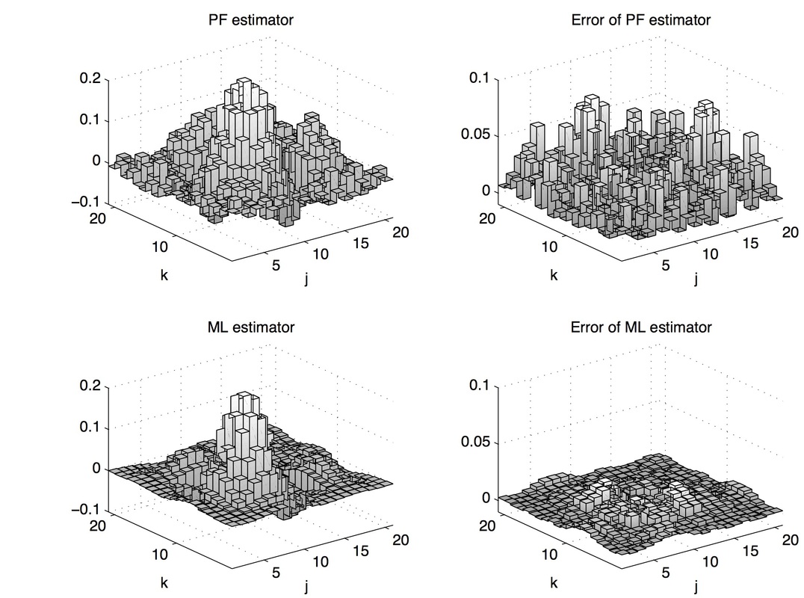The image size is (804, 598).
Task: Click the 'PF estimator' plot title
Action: point(250,20)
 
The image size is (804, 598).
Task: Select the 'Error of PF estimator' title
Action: point(640,20)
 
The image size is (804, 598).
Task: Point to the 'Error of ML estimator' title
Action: point(640,327)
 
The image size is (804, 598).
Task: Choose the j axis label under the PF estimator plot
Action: point(306,280)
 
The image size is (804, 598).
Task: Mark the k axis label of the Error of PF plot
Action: point(553,274)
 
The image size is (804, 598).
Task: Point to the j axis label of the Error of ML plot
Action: point(696,588)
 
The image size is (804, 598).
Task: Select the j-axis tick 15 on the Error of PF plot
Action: point(750,244)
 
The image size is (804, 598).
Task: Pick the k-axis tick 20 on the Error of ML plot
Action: point(488,525)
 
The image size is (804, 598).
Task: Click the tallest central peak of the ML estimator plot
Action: point(242,398)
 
